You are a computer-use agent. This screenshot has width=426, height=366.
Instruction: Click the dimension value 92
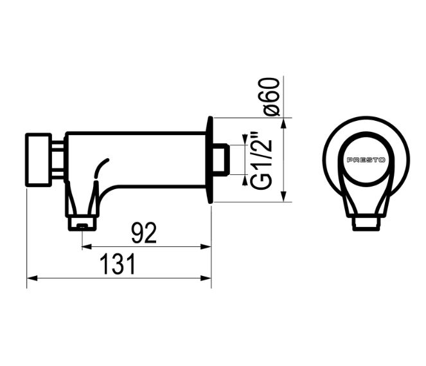(144, 233)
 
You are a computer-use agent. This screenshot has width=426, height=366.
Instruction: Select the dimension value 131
(118, 264)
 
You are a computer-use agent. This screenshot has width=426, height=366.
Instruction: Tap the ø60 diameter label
(272, 96)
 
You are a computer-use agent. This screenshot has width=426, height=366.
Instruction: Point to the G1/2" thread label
(260, 160)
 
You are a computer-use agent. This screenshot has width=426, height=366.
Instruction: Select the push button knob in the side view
(39, 160)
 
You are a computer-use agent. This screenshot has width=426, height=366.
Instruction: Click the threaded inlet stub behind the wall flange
(221, 160)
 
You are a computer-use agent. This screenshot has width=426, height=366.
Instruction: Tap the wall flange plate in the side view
(209, 160)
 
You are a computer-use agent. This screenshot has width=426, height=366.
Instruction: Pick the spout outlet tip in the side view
(82, 224)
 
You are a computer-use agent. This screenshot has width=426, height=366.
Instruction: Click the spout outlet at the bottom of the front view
(366, 223)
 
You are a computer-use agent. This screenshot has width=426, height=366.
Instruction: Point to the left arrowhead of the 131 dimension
(31, 279)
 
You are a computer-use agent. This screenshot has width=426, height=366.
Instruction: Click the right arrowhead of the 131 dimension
(207, 279)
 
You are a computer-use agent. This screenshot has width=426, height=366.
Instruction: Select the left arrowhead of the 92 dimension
(86, 246)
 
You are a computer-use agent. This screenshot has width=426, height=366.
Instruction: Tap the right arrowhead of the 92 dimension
(207, 246)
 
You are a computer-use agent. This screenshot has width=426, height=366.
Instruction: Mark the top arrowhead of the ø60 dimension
(283, 122)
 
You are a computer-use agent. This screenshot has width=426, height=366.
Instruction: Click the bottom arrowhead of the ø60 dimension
(283, 197)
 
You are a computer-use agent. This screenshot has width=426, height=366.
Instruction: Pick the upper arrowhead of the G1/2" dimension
(244, 140)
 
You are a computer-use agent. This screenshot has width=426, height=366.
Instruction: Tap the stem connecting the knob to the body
(58, 160)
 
